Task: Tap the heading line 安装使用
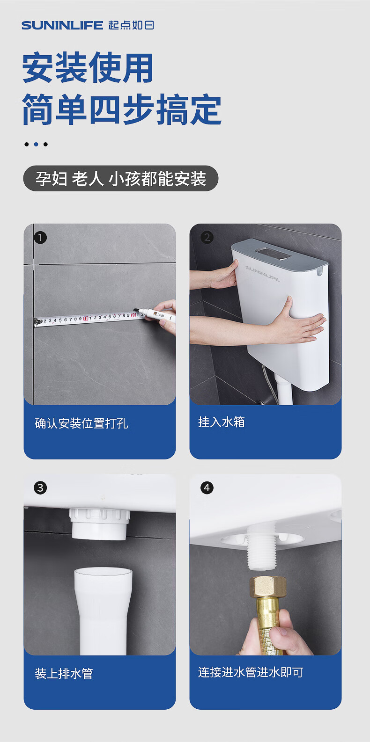[88, 67]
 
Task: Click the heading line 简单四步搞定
[122, 109]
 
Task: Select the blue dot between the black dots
[36, 144]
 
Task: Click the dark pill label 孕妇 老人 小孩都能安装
[121, 179]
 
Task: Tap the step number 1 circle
[40, 237]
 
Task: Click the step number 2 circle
[207, 237]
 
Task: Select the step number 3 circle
[40, 487]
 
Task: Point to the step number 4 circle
[207, 487]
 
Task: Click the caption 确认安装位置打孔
[81, 423]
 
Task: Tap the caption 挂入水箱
[222, 422]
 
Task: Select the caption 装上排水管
[64, 673]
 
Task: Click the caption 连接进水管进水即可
[251, 672]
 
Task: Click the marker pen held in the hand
[154, 314]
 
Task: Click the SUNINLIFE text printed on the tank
[262, 273]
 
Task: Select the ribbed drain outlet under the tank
[99, 524]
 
